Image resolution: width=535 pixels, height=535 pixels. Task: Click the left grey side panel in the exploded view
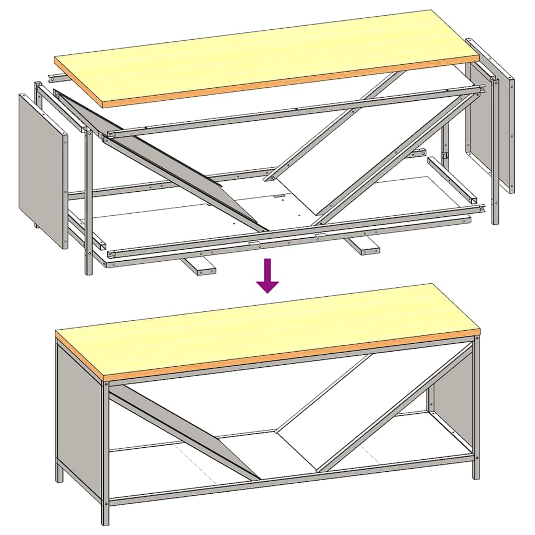click(43, 170)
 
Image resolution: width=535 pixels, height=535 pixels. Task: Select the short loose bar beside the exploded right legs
click(452, 180)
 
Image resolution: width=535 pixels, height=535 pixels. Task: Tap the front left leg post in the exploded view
click(88, 209)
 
